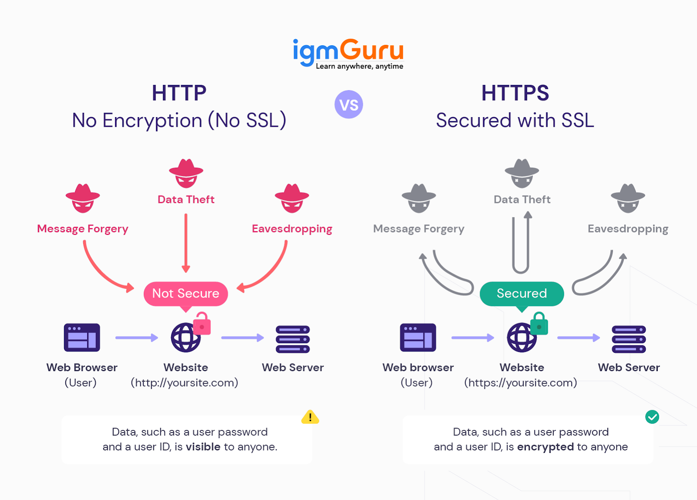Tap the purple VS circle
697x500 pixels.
click(x=348, y=105)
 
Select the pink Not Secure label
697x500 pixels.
click(x=186, y=294)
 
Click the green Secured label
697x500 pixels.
click(x=521, y=294)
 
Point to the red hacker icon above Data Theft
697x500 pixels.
click(x=186, y=173)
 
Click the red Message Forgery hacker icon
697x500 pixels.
click(x=83, y=198)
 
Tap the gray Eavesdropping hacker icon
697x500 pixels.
click(x=628, y=198)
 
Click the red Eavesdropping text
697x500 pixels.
click(x=292, y=229)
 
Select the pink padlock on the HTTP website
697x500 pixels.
click(x=202, y=324)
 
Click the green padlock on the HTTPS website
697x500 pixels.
click(x=539, y=324)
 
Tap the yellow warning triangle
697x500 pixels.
click(x=310, y=417)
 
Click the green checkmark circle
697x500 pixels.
click(x=652, y=417)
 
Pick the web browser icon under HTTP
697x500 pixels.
click(x=82, y=338)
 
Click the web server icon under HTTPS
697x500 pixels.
click(x=629, y=339)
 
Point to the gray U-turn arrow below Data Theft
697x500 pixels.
click(x=521, y=244)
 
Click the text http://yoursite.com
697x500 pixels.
click(x=184, y=382)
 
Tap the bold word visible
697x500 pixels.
click(x=203, y=447)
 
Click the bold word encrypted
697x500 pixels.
click(x=545, y=447)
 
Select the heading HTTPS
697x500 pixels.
click(x=515, y=93)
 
